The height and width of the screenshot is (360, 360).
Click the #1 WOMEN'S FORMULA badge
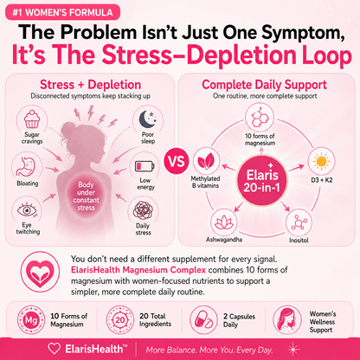[62, 12]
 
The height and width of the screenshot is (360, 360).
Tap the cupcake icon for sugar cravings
[32, 119]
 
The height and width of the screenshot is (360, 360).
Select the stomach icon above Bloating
[27, 167]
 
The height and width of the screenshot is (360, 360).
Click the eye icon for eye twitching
[27, 210]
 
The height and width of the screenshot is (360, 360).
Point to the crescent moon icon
[148, 119]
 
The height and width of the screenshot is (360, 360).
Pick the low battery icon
[145, 166]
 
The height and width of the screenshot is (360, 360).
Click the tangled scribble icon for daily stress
[143, 210]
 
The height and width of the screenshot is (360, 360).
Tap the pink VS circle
[177, 160]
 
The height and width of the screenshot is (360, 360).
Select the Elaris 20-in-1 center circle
[262, 181]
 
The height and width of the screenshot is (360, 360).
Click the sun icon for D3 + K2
[321, 161]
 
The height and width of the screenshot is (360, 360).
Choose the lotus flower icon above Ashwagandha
[224, 222]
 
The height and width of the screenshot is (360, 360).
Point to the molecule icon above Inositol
[299, 222]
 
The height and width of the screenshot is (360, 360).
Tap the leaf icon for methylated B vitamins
[206, 161]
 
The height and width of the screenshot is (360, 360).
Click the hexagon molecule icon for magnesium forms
[260, 117]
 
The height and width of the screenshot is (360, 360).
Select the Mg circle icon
[31, 320]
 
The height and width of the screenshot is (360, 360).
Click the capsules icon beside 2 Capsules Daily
[203, 320]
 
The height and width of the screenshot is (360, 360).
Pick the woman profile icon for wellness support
[286, 320]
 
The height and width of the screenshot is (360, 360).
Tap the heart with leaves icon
[40, 272]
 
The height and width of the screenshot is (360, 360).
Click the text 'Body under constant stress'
[86, 196]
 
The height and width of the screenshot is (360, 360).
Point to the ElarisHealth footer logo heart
[54, 349]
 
